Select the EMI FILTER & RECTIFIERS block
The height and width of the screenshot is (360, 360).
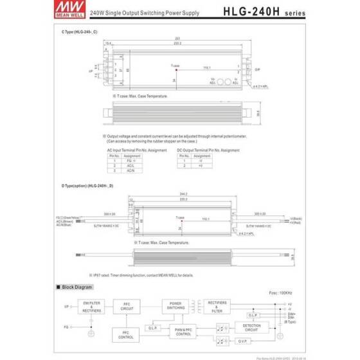tap(91, 306)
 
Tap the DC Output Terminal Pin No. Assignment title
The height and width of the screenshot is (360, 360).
tap(205, 149)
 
